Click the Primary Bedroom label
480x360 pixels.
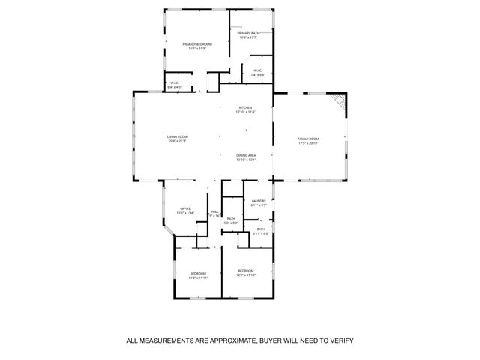click(x=198, y=44)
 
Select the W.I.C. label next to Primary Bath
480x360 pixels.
click(x=256, y=70)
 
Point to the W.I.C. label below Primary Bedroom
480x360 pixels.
click(x=173, y=82)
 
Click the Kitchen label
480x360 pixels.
click(x=246, y=107)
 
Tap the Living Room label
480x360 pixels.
click(x=177, y=136)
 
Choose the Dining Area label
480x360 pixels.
click(x=246, y=155)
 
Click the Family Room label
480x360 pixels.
click(x=308, y=139)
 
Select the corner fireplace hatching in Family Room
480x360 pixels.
click(x=340, y=101)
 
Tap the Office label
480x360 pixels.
click(x=184, y=208)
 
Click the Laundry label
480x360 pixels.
click(x=259, y=200)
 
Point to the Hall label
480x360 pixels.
click(x=214, y=211)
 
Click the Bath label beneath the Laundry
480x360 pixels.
click(x=260, y=229)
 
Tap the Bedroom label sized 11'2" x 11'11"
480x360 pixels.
click(x=198, y=273)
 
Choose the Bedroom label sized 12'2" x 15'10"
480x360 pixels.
click(x=246, y=271)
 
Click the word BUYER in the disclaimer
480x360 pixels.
click(x=272, y=340)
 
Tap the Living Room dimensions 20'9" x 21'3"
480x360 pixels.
click(x=177, y=141)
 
